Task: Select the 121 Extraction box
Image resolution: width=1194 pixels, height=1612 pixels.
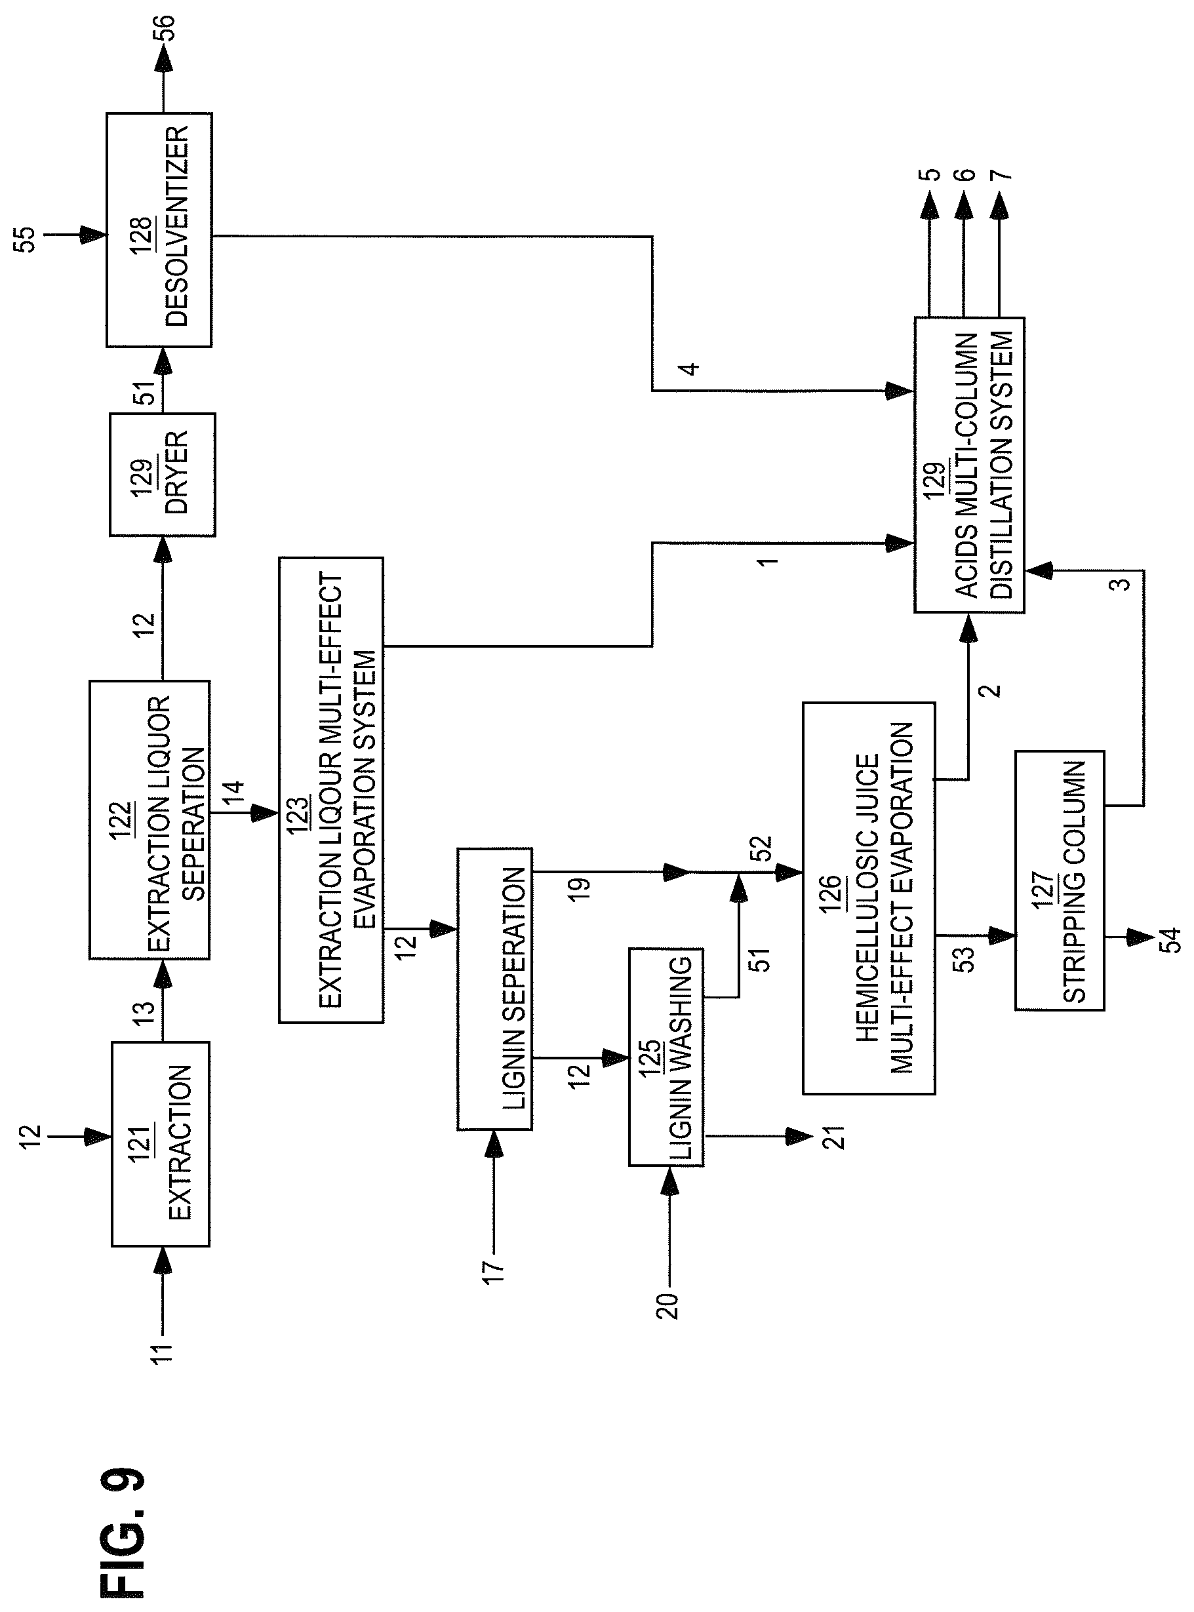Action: click(x=161, y=1144)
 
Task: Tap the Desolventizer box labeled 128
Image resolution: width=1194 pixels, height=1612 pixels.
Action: click(x=159, y=229)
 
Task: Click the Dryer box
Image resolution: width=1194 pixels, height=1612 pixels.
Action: click(x=162, y=475)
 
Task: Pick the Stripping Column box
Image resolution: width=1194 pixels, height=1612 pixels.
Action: click(x=1060, y=880)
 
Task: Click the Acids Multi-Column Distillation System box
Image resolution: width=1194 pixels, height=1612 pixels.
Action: click(x=969, y=465)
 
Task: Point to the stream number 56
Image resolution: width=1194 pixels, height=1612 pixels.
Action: click(x=165, y=30)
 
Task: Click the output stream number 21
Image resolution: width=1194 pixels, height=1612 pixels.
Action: click(x=835, y=1137)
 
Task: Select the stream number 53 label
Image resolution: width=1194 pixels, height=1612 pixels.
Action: click(x=966, y=959)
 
